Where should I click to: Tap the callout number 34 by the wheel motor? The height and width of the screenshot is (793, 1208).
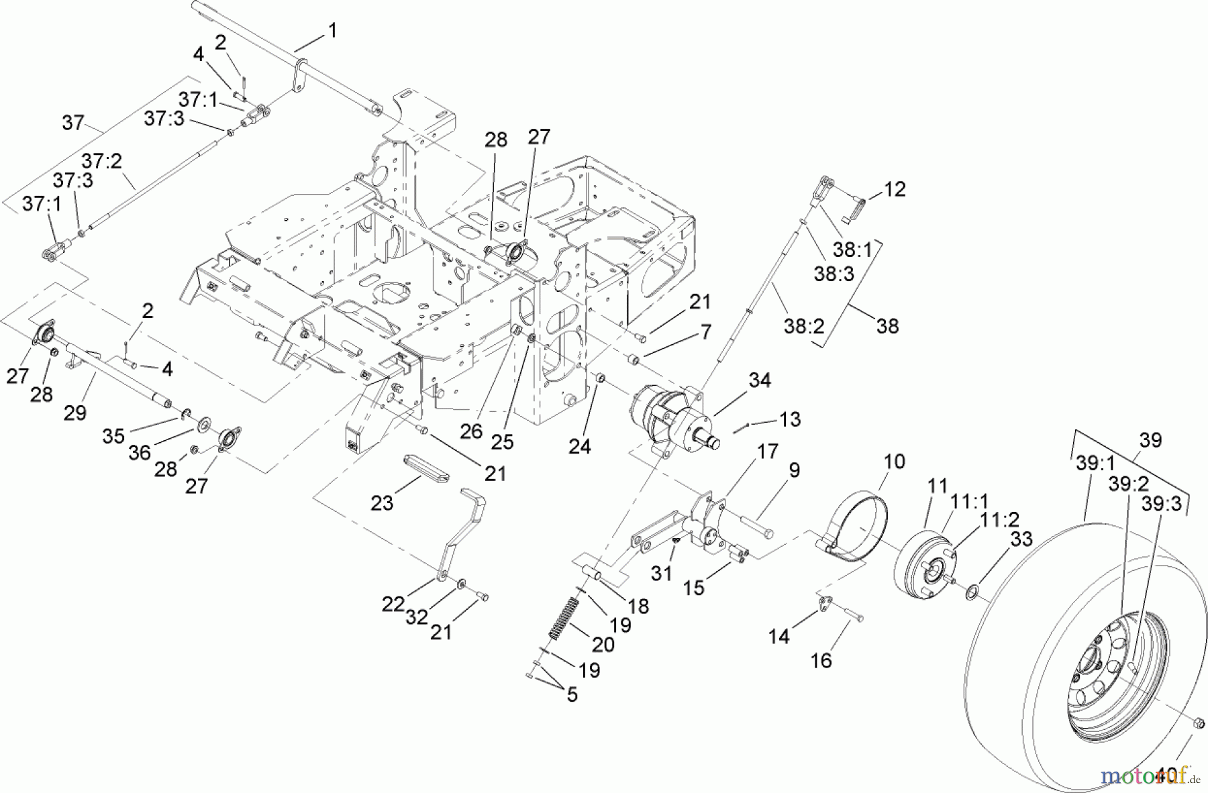[x=760, y=380]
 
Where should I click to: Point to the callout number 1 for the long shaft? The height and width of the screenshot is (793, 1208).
[x=332, y=30]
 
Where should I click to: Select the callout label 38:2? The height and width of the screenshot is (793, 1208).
[x=803, y=326]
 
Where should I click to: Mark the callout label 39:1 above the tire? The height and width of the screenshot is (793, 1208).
[x=1095, y=464]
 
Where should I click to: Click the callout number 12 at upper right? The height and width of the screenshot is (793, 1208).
[x=895, y=189]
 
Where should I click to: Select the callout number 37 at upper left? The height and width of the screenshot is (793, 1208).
[x=73, y=123]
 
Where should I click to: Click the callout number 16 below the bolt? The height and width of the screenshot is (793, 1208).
[x=821, y=660]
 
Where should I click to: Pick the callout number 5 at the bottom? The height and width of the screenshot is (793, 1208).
[x=571, y=694]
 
